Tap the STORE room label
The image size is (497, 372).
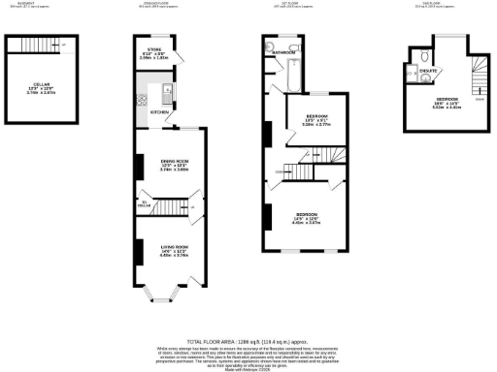coord(153,49)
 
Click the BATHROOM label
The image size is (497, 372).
coord(283,51)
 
